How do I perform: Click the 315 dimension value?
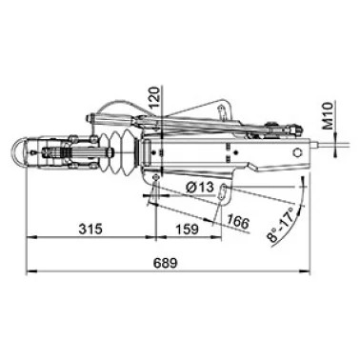click(90, 229)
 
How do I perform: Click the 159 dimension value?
click(186, 229)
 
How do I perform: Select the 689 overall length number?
click(165, 263)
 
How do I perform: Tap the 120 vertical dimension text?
click(154, 98)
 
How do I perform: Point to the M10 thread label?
click(329, 116)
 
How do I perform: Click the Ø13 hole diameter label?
click(200, 188)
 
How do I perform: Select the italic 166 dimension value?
click(238, 221)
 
